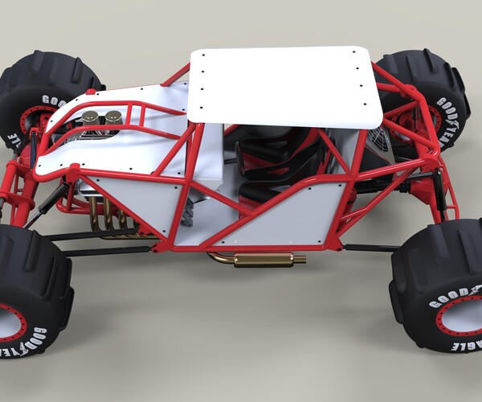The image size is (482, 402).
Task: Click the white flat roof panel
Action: click(x=285, y=84)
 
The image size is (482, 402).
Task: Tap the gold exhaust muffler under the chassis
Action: click(x=264, y=260)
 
